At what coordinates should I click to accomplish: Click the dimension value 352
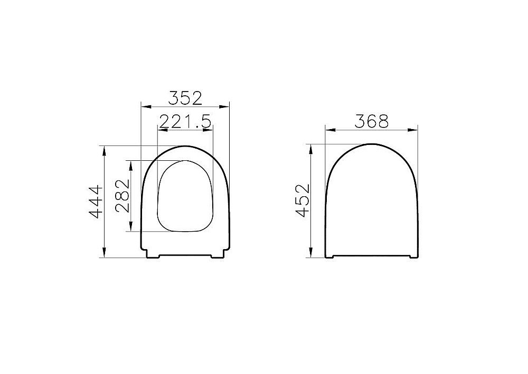tap(185, 98)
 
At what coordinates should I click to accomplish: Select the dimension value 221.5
tap(185, 122)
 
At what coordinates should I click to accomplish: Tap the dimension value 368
tap(371, 121)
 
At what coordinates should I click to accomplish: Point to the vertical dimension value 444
tap(96, 202)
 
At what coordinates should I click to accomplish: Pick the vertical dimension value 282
tap(121, 196)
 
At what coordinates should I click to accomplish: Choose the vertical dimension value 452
tap(302, 200)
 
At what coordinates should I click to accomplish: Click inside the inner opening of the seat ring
tap(185, 196)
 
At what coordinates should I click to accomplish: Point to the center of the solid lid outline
tap(371, 204)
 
